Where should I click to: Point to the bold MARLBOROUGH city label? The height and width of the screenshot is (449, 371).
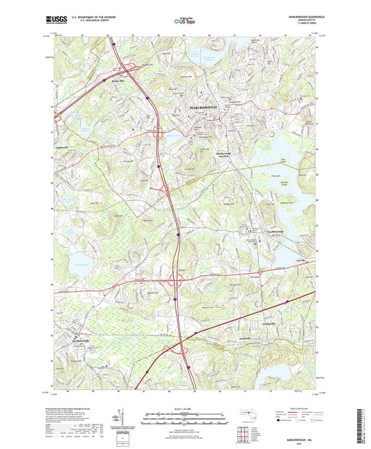[203, 107]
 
